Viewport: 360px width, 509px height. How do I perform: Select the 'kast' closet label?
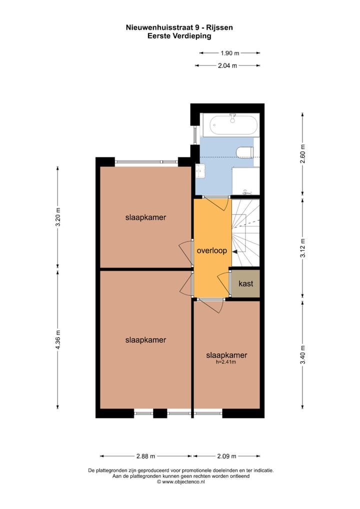(x=245, y=283)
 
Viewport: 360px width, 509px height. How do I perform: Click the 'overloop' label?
(x=212, y=251)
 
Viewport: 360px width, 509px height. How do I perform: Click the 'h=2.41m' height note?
(x=226, y=362)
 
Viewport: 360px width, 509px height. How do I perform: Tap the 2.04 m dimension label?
(x=227, y=65)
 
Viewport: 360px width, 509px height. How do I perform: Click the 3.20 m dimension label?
(x=57, y=217)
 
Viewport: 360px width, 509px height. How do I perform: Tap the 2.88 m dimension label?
(x=145, y=456)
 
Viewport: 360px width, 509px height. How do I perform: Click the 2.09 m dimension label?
(x=227, y=456)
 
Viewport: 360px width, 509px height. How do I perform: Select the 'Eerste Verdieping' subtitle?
(x=179, y=36)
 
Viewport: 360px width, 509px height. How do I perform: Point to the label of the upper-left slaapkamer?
(x=145, y=217)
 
